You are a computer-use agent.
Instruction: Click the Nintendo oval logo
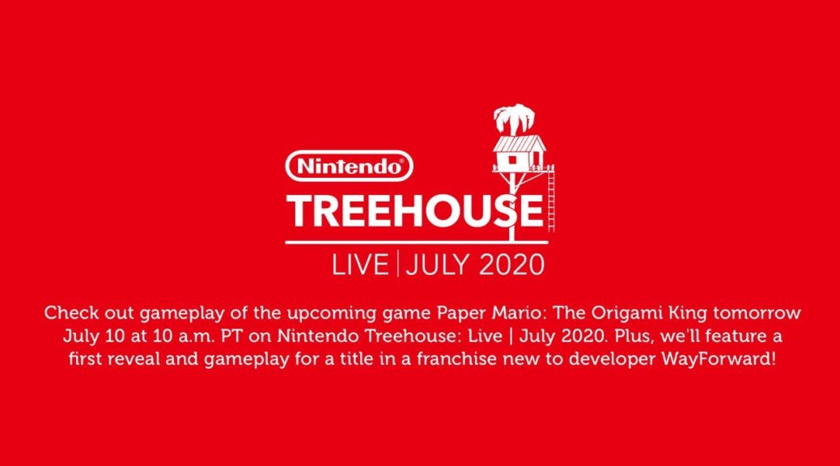pos(350,166)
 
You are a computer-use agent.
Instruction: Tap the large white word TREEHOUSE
pos(415,211)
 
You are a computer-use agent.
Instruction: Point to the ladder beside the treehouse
pos(551,198)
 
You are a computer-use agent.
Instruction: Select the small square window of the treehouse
pos(513,159)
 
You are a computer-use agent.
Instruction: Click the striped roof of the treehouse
pos(519,143)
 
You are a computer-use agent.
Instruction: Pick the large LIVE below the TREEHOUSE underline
pos(360,265)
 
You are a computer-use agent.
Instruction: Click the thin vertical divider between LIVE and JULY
pos(397,265)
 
